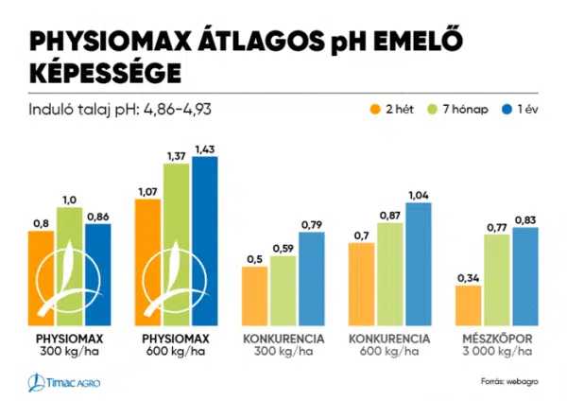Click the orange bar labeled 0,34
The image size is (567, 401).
[x=468, y=304]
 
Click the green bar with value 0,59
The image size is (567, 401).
[x=283, y=288]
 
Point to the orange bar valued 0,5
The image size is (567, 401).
[x=255, y=294]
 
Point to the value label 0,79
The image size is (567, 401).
[x=311, y=223]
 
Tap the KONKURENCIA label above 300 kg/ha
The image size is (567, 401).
[x=283, y=338]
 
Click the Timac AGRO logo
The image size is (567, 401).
[x=64, y=381]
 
